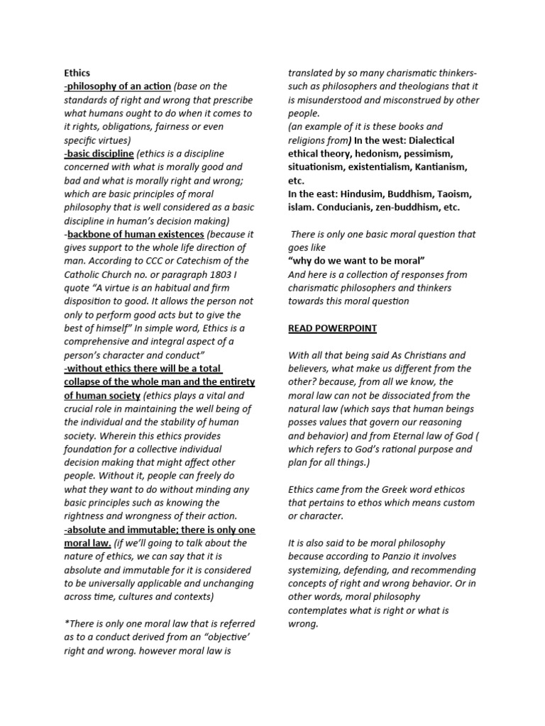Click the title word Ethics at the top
pos(77,73)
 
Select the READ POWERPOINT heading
pos(332,328)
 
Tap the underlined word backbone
pos(91,234)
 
